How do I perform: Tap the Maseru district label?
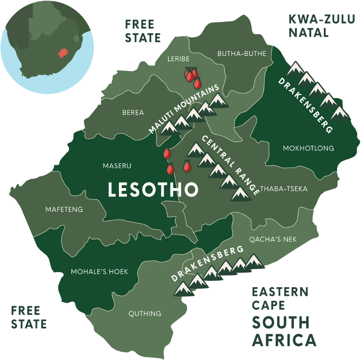coord(117,166)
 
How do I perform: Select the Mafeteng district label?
coord(64,210)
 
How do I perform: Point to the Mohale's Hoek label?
coord(99,272)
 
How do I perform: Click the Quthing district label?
coord(144,314)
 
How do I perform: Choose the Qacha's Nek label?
coord(273,239)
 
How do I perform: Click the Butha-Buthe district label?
coord(242,54)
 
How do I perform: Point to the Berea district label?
coord(133,112)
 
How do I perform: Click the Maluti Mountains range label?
coord(184,109)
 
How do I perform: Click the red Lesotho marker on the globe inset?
coord(62,52)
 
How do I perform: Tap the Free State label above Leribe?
coord(143,30)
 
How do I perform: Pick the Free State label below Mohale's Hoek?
coord(29,317)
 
